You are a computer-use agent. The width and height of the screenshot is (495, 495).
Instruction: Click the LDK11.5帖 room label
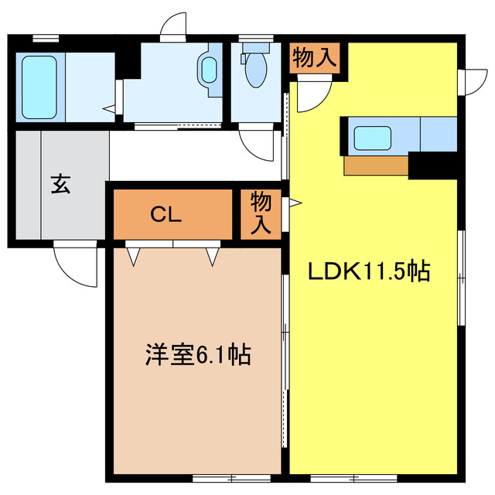(x=369, y=271)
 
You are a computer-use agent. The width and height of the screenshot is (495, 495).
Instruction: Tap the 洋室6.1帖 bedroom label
(x=197, y=355)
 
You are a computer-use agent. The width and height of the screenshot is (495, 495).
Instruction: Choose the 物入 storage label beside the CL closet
(x=261, y=213)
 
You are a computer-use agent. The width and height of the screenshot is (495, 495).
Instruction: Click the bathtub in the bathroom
(x=38, y=86)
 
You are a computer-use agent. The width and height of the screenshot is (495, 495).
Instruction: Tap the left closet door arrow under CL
(x=133, y=254)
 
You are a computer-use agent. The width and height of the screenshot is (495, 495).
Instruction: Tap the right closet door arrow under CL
(x=213, y=254)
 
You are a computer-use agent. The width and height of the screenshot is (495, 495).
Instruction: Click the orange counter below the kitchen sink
(x=376, y=165)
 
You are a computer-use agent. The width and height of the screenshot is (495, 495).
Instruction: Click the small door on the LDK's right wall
(x=468, y=80)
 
